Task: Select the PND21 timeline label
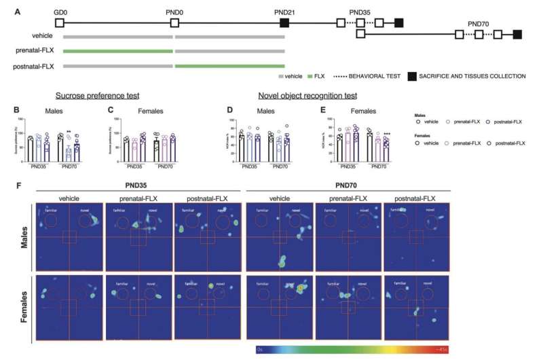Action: pyautogui.click(x=284, y=12)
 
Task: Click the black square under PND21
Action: pyautogui.click(x=284, y=22)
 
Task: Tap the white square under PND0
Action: pyautogui.click(x=174, y=22)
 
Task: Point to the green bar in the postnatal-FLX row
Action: pyautogui.click(x=229, y=66)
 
